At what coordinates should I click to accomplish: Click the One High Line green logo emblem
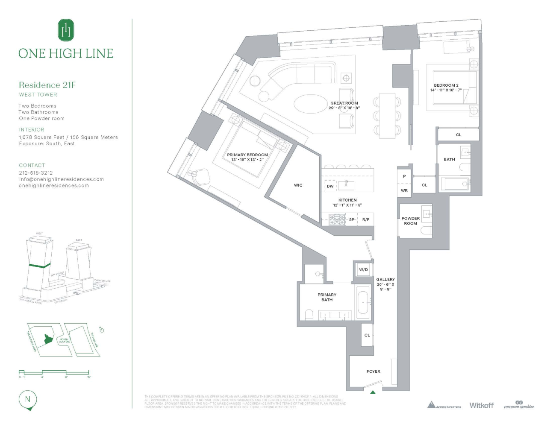pos(66,30)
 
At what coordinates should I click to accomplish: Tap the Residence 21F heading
pos(47,85)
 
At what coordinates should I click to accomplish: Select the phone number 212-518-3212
pos(36,173)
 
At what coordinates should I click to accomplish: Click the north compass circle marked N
pos(28,399)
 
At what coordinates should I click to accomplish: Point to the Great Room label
pos(344,103)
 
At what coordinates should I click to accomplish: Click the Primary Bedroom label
pos(247,155)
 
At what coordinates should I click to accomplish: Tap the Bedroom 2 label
pos(446,85)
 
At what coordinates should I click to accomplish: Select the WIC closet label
pos(298,185)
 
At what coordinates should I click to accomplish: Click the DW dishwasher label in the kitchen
pos(330,186)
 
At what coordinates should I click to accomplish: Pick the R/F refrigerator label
pos(366,220)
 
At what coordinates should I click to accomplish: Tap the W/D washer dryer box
pos(363,270)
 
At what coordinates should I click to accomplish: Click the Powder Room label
pos(410,221)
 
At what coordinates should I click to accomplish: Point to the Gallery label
pos(385,280)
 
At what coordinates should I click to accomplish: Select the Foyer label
pos(373,371)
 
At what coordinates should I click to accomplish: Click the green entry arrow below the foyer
pos(373,392)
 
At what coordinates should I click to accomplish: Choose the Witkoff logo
pos(481,405)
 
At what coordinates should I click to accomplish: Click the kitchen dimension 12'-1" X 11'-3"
pos(347,205)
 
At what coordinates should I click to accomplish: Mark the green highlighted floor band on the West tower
pos(40,266)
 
